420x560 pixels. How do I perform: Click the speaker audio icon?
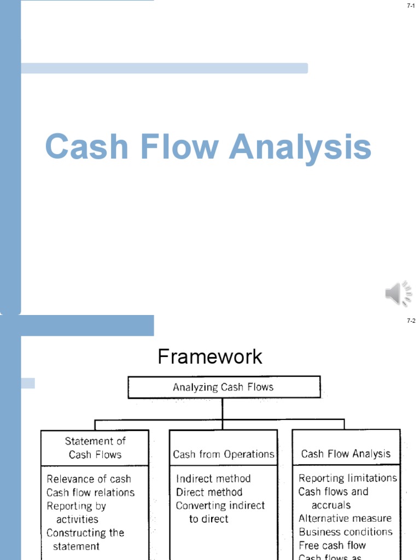pyautogui.click(x=399, y=294)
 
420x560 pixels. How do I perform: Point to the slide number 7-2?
pyautogui.click(x=411, y=321)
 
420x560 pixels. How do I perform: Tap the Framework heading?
pyautogui.click(x=210, y=357)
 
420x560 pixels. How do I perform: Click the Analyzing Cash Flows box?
pyautogui.click(x=223, y=387)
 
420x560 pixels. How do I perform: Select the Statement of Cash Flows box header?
pyautogui.click(x=95, y=447)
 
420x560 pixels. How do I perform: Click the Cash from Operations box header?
pyautogui.click(x=223, y=454)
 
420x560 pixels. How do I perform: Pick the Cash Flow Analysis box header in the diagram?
pyautogui.click(x=346, y=453)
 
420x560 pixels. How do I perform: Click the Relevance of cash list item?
pyautogui.click(x=89, y=479)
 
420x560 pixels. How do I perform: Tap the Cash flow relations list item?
pyautogui.click(x=90, y=492)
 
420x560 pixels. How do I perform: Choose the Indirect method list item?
pyautogui.click(x=213, y=479)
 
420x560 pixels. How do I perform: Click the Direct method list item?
pyautogui.click(x=209, y=492)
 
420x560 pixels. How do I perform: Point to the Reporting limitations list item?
pyautogui.click(x=347, y=478)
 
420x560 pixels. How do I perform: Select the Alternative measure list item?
pyautogui.click(x=345, y=518)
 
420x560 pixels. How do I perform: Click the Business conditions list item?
pyautogui.click(x=345, y=532)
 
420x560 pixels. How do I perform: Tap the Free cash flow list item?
pyautogui.click(x=332, y=545)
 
